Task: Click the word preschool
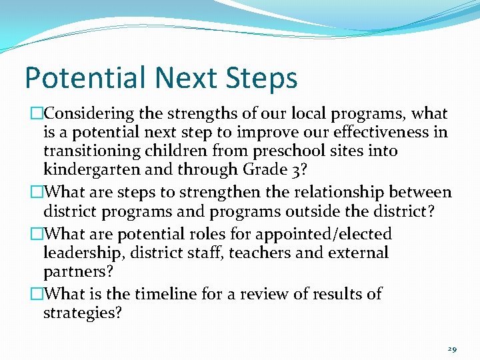[x=282, y=151]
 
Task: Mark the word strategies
[x=82, y=313]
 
